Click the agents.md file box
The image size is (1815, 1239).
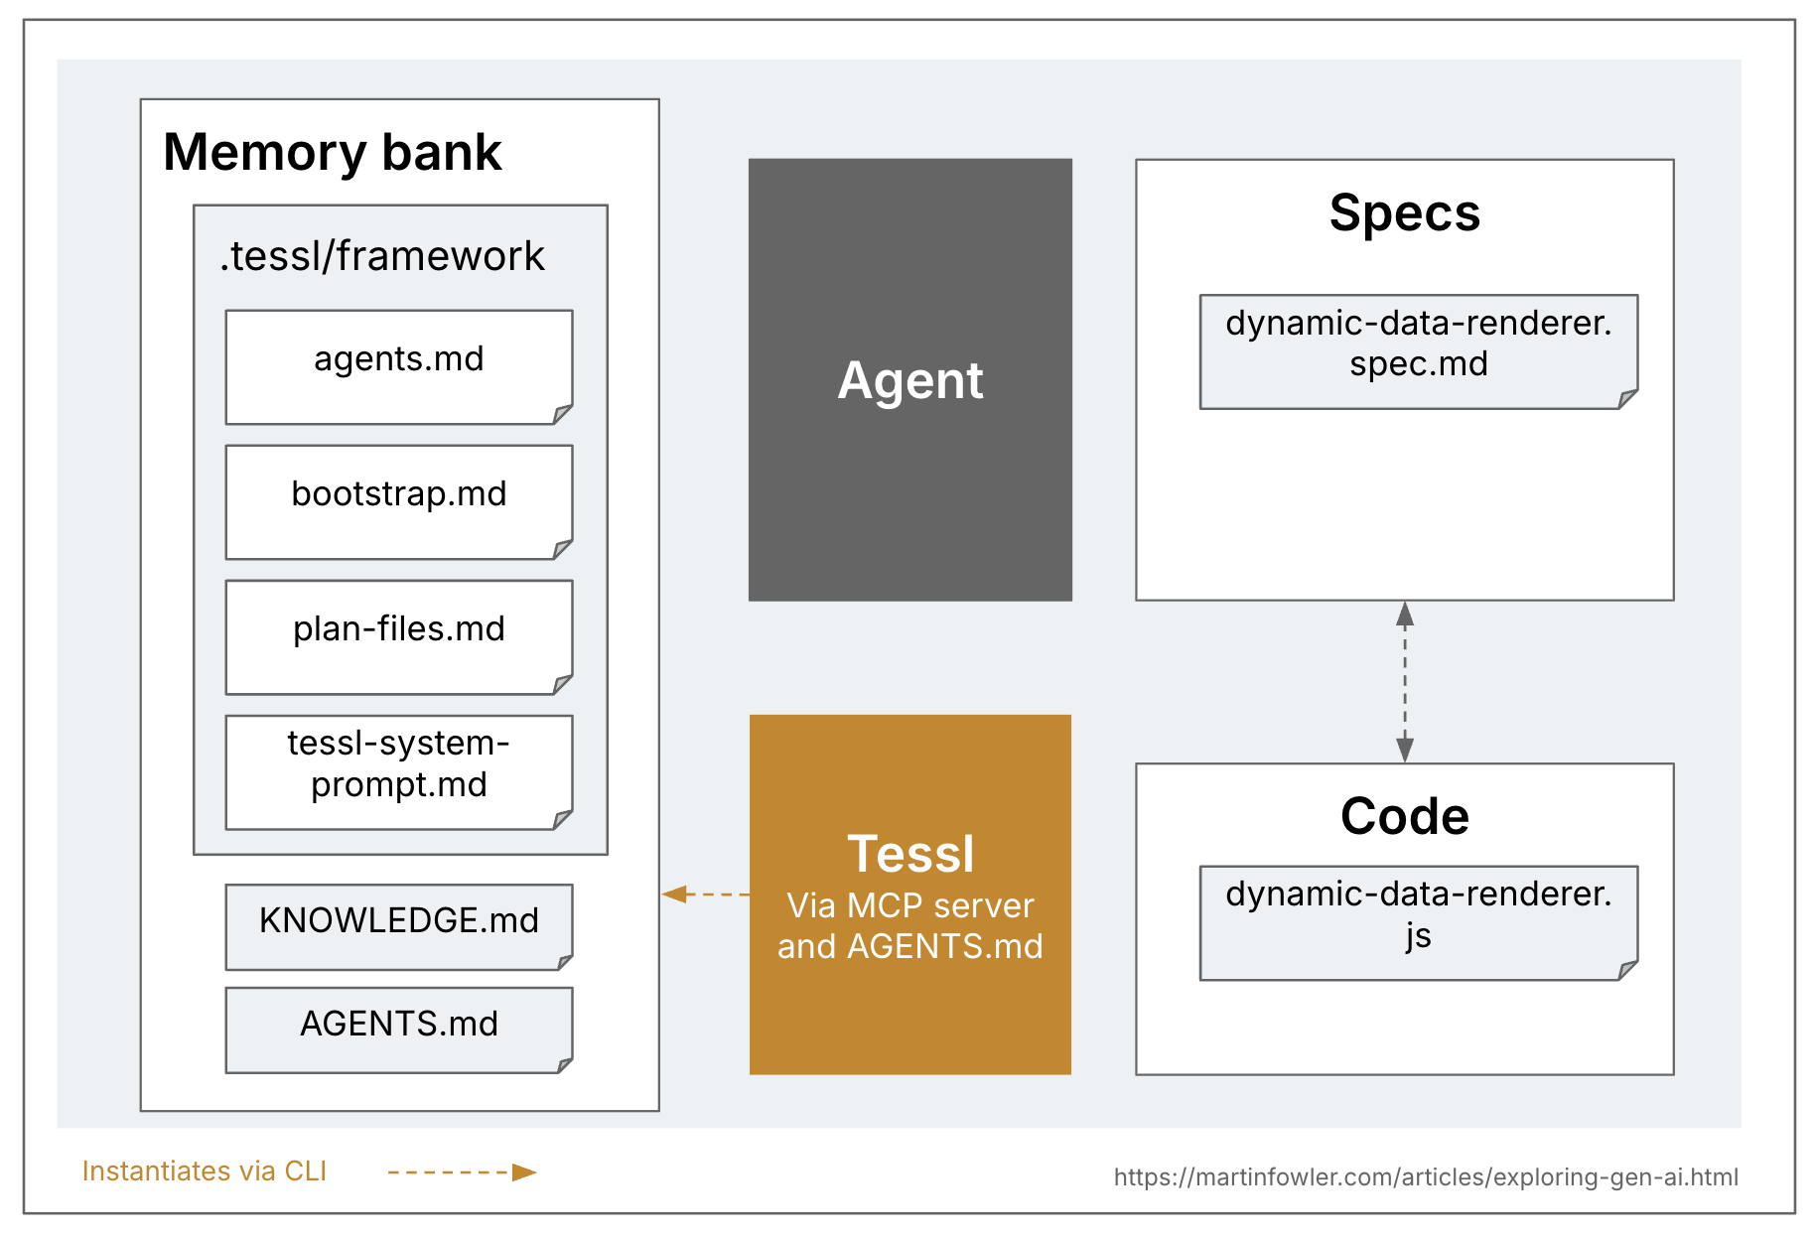pos(399,367)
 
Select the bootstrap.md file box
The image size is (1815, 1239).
pos(399,502)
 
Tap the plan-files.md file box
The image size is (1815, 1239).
pos(399,637)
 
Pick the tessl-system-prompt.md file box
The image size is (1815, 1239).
pos(399,772)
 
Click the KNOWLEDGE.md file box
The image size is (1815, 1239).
pos(399,926)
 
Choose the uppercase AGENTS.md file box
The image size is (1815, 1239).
pos(399,1030)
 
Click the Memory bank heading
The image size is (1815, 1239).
pos(333,152)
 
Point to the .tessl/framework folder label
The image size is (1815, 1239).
pos(382,256)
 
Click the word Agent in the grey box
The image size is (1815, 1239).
pos(910,380)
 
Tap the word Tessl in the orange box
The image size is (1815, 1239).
pos(910,854)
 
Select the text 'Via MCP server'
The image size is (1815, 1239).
pos(910,905)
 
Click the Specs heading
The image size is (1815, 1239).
pos(1404,212)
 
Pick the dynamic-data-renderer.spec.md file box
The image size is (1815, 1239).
pos(1418,351)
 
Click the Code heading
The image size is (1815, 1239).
pos(1404,816)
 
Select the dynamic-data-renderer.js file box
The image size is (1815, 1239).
pos(1418,923)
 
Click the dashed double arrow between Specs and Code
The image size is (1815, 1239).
pos(1405,682)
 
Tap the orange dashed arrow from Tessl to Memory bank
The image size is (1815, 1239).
pos(706,895)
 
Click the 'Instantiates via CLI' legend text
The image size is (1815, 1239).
pos(205,1171)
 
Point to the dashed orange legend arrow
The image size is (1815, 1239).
pos(462,1172)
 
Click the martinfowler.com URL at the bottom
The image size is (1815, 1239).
pos(1426,1177)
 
